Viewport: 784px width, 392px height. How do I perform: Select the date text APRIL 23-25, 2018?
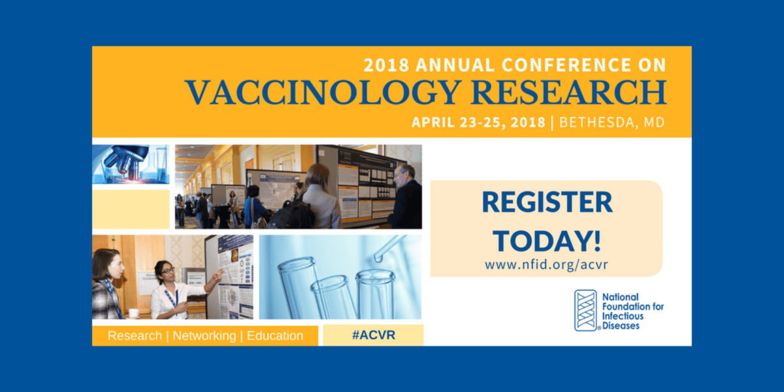pos(479,123)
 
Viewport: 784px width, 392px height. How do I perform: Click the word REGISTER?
pos(547,202)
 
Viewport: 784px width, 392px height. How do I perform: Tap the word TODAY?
pos(547,241)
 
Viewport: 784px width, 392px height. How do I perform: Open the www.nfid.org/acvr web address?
pos(546,266)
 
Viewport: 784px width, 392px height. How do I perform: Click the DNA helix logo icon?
pos(586,310)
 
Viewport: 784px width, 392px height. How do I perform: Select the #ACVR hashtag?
pos(373,335)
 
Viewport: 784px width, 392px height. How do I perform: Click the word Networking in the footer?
pos(204,336)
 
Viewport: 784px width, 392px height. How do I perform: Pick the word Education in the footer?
pos(275,336)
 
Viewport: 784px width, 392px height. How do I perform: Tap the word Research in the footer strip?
pos(135,336)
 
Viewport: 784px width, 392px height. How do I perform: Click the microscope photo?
pos(131,164)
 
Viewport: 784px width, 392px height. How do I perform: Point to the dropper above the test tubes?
pos(388,247)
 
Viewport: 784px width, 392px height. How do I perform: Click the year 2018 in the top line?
pos(385,65)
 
